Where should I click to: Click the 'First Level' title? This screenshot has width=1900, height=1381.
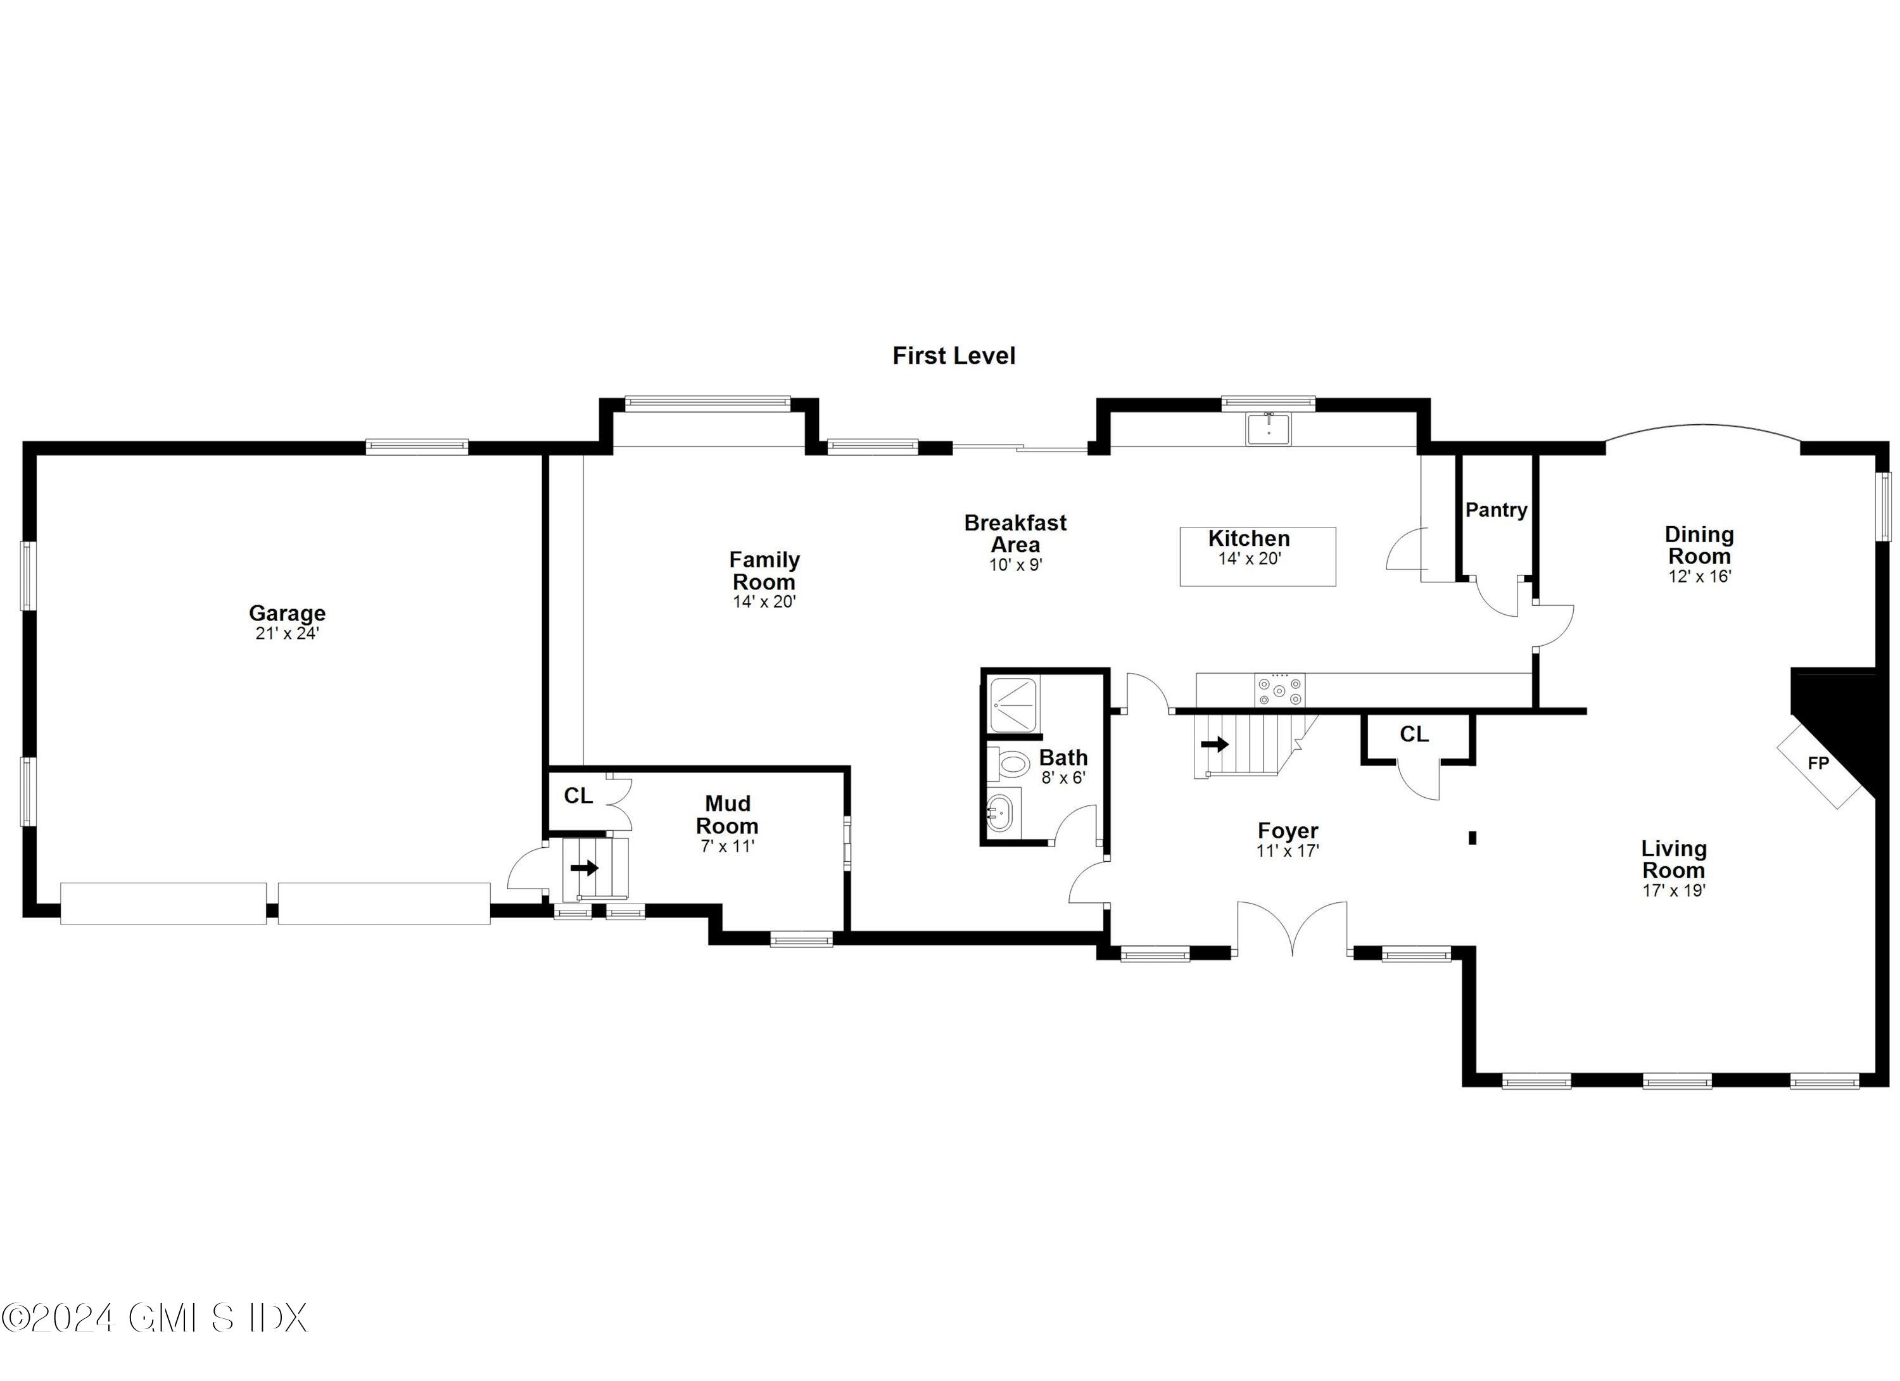pos(953,356)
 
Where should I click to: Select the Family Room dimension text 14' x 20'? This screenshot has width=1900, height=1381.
pos(763,602)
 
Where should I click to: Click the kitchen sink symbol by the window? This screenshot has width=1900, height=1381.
pos(1269,429)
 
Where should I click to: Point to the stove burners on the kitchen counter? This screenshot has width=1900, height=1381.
pos(1279,690)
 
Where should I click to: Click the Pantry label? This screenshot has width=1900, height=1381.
pos(1496,509)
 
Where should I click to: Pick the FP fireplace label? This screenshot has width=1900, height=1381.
pos(1818,764)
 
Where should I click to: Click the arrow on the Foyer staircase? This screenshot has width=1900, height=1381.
pos(1215,743)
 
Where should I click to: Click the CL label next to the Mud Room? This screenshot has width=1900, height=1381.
pos(578,795)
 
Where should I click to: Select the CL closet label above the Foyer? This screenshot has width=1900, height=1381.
pos(1414,735)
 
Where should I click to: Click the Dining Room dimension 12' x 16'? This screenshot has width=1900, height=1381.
pos(1699,576)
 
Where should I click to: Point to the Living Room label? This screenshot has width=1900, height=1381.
pos(1674,859)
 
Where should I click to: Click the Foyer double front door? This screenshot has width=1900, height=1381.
pos(1292,928)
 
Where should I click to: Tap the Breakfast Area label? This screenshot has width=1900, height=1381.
pos(1015,534)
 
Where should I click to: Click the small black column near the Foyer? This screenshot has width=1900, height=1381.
pos(1472,836)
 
